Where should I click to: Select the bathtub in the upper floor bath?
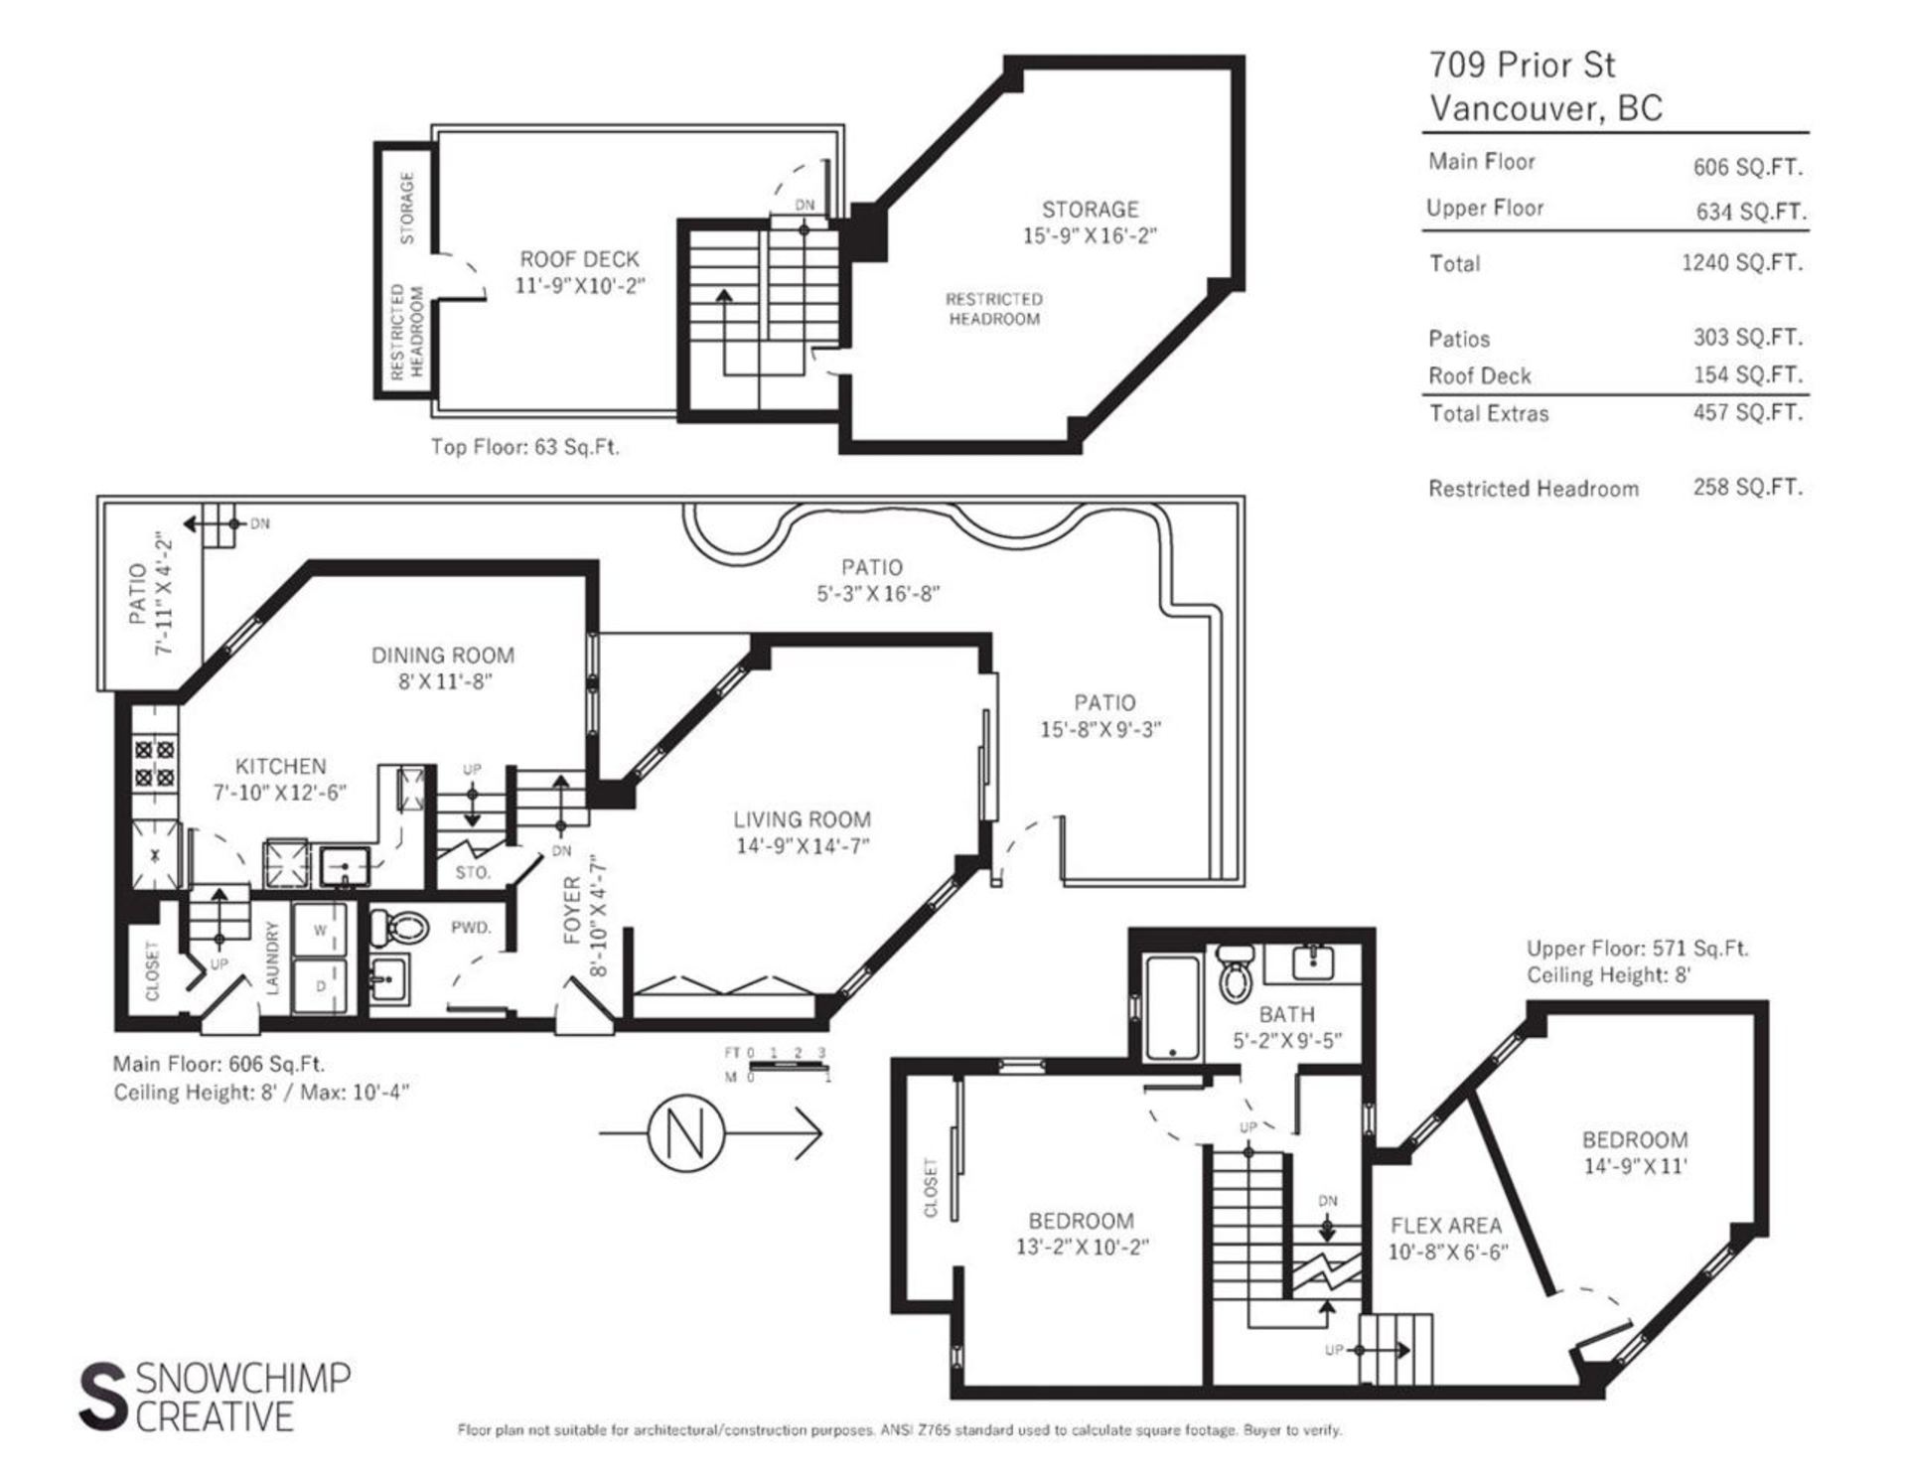click(1173, 1007)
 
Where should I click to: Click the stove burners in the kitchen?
click(154, 762)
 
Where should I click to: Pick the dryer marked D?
click(320, 985)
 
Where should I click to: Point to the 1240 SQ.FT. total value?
click(1742, 263)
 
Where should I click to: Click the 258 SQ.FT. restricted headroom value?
click(1748, 488)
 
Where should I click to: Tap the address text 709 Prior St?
click(1522, 66)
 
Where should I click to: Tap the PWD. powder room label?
click(471, 928)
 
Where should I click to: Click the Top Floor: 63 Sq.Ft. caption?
click(524, 447)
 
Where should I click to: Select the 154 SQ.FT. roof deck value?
click(1748, 375)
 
